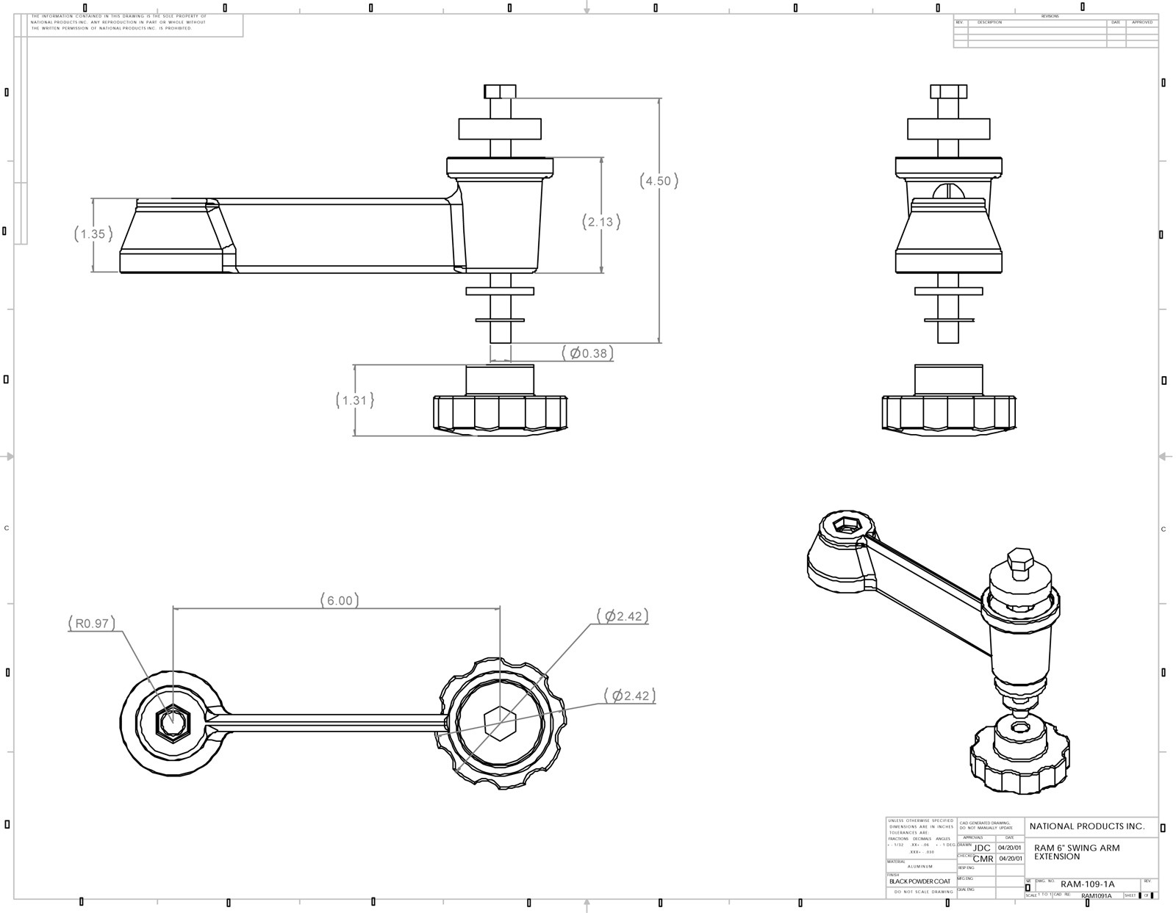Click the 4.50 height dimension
coord(659,181)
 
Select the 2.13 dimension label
coord(601,221)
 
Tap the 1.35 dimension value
coord(93,234)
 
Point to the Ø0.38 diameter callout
coord(588,353)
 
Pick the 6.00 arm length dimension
coord(340,600)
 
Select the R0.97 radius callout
coord(92,624)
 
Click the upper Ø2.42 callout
coord(623,616)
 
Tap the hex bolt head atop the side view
coord(500,91)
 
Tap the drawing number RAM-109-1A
coord(1087,884)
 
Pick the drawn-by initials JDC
coord(981,848)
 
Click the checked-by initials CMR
coord(983,859)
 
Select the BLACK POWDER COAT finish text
coord(919,881)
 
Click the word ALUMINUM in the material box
coord(920,867)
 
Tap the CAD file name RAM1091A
coord(1097,895)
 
